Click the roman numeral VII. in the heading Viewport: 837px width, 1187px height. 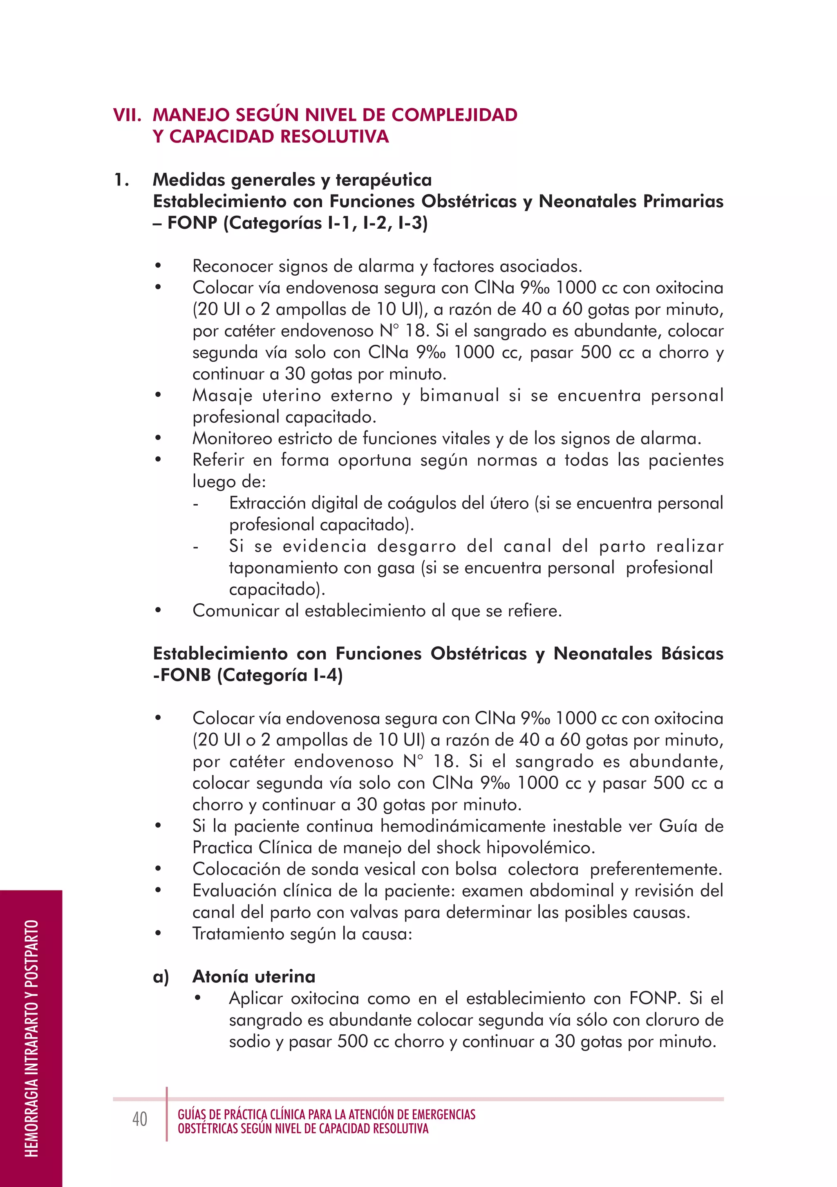click(x=127, y=115)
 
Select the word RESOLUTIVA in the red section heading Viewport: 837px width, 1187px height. click(x=332, y=136)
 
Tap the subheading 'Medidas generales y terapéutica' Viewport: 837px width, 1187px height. click(x=292, y=180)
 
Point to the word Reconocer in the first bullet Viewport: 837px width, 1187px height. click(x=232, y=266)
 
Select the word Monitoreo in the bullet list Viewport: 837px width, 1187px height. click(x=232, y=438)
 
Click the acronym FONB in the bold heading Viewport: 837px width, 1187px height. click(x=186, y=675)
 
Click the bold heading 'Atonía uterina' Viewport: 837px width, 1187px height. click(x=253, y=977)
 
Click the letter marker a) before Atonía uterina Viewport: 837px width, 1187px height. click(x=161, y=977)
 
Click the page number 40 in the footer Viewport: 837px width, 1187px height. click(x=140, y=1119)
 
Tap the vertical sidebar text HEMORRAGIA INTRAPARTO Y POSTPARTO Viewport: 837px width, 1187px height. click(x=31, y=1038)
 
